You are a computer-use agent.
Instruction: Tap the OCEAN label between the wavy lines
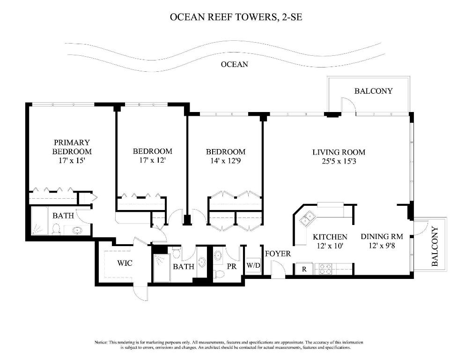click(x=234, y=64)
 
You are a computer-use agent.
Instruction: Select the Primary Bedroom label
click(x=72, y=147)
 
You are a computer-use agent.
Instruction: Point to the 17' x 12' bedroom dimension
click(x=152, y=160)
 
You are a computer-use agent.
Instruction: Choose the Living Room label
click(x=339, y=152)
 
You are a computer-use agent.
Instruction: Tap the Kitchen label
click(x=330, y=237)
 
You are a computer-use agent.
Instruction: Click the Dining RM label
click(x=382, y=237)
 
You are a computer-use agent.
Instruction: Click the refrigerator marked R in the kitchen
click(x=303, y=269)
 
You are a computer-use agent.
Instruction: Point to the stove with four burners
click(x=325, y=269)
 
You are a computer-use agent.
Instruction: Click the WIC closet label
click(x=125, y=263)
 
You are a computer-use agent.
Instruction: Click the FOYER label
click(x=278, y=254)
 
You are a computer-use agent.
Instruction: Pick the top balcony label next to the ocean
click(x=373, y=91)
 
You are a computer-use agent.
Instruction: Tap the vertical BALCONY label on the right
click(x=434, y=247)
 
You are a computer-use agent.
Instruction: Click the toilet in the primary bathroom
click(x=56, y=229)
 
